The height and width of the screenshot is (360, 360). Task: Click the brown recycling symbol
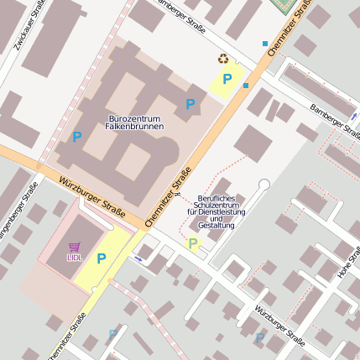(x=223, y=59)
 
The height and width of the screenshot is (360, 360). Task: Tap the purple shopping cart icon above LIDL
(x=75, y=247)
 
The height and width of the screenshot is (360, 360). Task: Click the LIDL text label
(x=75, y=257)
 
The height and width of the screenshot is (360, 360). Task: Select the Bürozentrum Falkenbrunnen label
(x=134, y=122)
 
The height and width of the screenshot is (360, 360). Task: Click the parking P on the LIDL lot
(x=102, y=258)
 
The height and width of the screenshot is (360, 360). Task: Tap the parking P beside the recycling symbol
(x=227, y=80)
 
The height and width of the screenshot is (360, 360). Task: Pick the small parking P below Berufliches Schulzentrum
(x=193, y=244)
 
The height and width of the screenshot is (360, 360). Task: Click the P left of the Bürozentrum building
(x=77, y=136)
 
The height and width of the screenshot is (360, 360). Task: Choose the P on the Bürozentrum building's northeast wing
(x=190, y=104)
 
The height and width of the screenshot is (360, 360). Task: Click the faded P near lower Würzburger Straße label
(x=260, y=338)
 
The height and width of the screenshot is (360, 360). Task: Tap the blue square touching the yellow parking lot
(x=246, y=86)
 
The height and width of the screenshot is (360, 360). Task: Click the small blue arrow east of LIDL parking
(x=138, y=259)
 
